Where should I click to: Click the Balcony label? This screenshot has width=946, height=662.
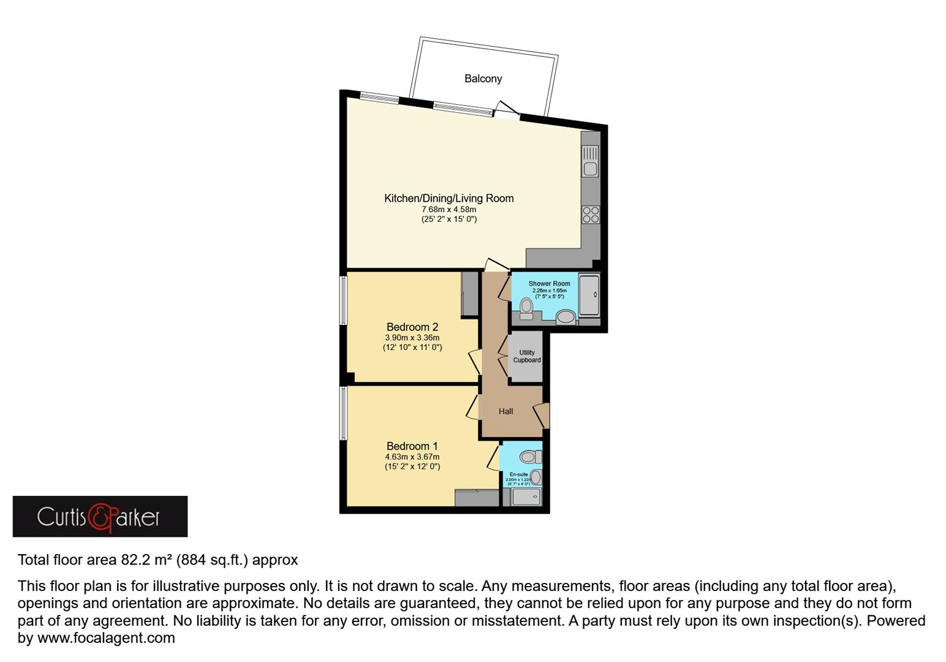483,78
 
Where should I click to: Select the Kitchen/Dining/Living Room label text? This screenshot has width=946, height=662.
448,198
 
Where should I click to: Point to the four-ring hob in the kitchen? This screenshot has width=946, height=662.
591,215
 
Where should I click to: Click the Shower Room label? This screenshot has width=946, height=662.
549,284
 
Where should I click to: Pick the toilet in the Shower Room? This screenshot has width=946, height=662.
526,307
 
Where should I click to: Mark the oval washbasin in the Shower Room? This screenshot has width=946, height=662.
566,317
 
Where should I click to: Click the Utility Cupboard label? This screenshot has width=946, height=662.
526,356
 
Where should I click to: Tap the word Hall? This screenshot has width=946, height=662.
505,411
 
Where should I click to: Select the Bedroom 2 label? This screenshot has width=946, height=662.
412,327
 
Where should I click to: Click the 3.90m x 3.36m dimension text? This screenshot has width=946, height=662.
412,338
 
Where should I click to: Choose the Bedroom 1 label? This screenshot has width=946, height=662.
412,446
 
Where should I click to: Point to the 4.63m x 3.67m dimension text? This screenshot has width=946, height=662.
412,457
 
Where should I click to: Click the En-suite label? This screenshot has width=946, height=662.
518,474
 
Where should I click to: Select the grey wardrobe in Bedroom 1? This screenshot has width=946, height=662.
477,498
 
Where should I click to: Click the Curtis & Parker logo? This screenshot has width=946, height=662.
100,517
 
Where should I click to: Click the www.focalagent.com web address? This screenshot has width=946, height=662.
106,638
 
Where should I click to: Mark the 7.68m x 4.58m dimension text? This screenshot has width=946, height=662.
448,210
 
